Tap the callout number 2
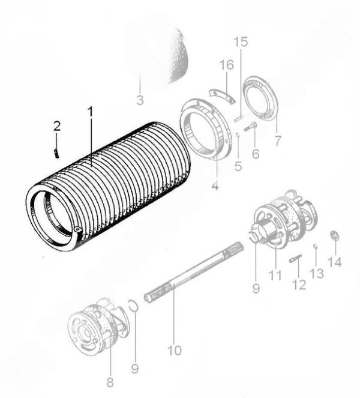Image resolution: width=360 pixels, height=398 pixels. pyautogui.click(x=56, y=126)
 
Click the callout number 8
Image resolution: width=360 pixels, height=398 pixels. pyautogui.click(x=109, y=380)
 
